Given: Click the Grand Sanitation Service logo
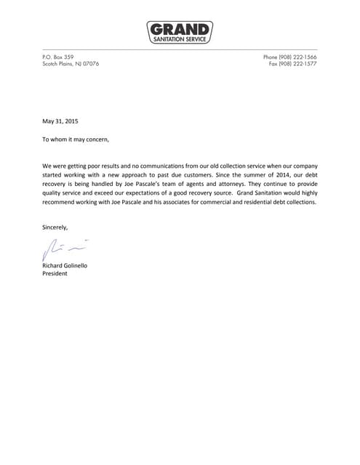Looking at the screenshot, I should (x=180, y=33).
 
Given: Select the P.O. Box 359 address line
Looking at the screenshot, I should (x=59, y=57).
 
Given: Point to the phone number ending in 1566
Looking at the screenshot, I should (x=290, y=57).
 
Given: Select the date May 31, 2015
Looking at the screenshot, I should (x=60, y=121).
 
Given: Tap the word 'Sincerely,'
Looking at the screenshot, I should (x=55, y=227).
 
